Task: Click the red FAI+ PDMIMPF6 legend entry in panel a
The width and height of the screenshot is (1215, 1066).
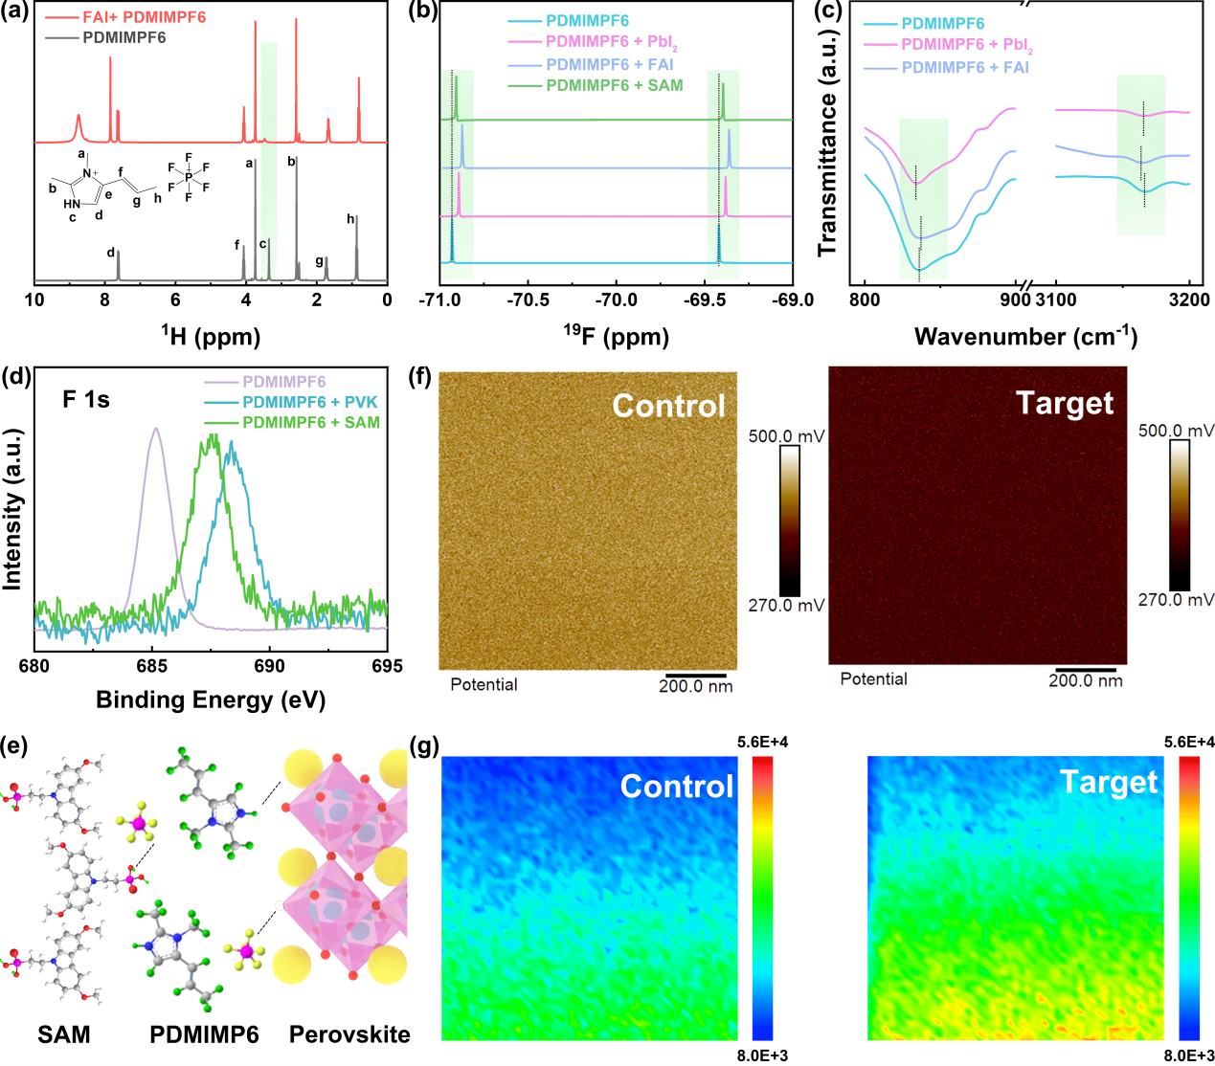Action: (x=144, y=17)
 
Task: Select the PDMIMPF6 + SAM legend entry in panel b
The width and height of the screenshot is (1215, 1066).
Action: (x=614, y=85)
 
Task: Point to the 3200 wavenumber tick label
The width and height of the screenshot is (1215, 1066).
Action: (x=1189, y=300)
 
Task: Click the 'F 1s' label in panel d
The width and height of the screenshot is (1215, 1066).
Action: (x=86, y=400)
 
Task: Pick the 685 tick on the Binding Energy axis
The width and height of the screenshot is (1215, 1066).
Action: (x=151, y=666)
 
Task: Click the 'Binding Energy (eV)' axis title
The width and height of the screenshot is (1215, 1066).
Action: (x=211, y=700)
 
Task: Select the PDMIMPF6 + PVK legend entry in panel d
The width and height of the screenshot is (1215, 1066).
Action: (x=310, y=402)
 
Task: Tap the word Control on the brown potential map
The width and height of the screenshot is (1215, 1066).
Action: (x=668, y=406)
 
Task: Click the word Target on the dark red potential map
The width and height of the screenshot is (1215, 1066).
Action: (x=1065, y=403)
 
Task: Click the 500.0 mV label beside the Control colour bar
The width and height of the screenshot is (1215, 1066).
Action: (x=786, y=436)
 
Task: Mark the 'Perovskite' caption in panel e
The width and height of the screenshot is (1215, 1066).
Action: (x=349, y=1034)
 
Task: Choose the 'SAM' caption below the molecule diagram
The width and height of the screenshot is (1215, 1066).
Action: (x=64, y=1034)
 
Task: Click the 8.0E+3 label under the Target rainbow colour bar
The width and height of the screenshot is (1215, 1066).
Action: (x=1189, y=1055)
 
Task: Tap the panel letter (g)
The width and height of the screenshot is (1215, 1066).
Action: (x=423, y=745)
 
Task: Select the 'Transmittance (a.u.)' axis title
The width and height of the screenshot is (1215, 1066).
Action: (x=828, y=144)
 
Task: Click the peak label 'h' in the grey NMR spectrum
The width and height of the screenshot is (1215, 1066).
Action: (x=350, y=219)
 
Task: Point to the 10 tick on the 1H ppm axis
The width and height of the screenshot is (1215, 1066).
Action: (x=34, y=300)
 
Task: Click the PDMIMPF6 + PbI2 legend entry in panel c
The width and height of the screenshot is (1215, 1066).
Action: (x=966, y=45)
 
